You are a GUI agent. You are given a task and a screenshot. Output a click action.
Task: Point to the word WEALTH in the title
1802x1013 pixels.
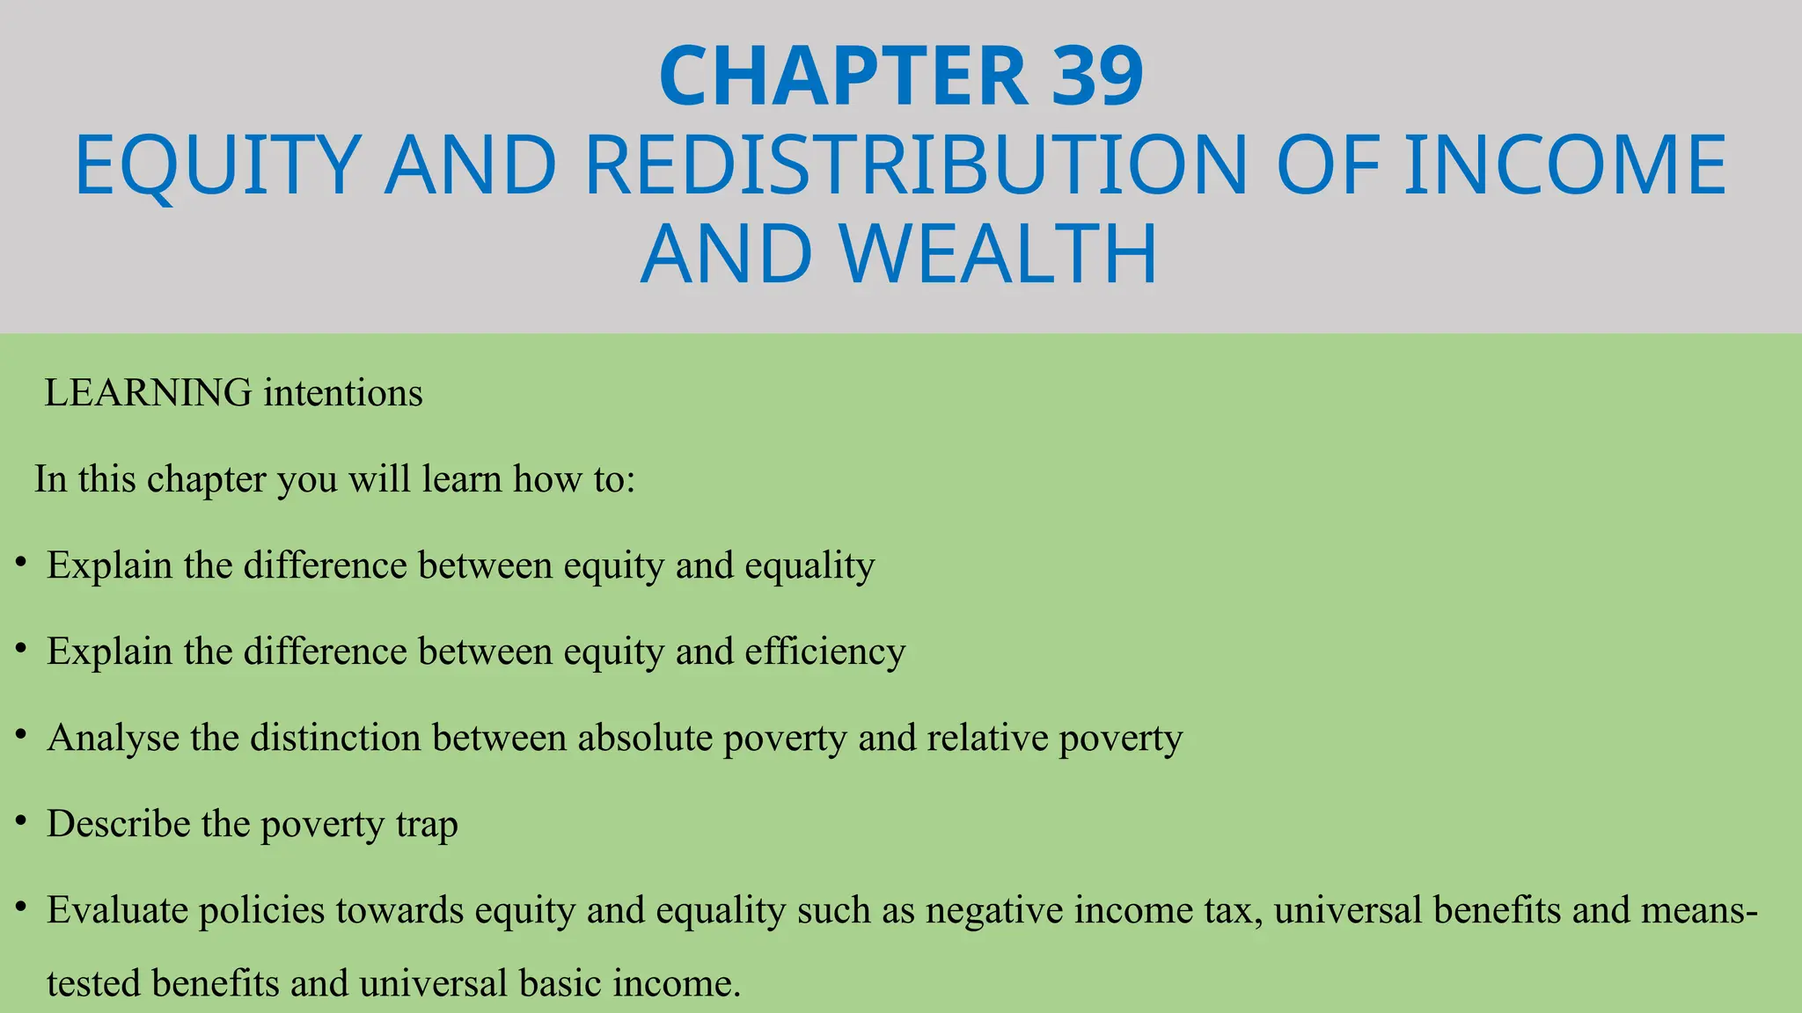pos(998,254)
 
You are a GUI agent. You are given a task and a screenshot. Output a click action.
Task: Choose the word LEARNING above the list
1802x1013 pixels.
pos(148,393)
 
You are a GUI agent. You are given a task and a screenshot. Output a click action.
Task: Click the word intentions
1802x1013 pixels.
pos(343,393)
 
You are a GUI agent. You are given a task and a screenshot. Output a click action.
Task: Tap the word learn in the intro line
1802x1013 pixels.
pos(461,479)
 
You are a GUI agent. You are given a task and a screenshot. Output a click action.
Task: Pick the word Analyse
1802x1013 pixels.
pos(113,738)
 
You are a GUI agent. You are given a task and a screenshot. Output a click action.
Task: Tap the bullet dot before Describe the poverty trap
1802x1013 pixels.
pos(21,820)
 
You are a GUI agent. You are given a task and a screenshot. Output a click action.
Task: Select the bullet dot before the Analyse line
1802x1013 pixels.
pos(21,734)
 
